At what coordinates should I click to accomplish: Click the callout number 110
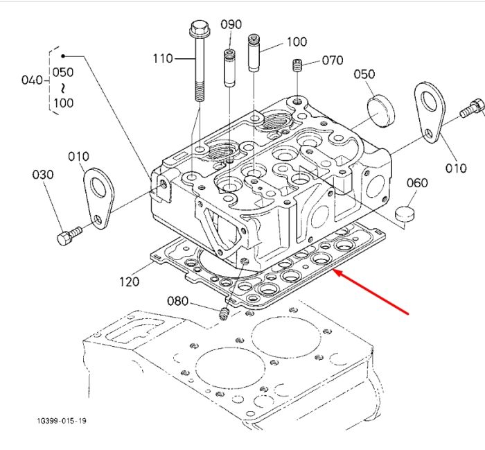pyautogui.click(x=163, y=58)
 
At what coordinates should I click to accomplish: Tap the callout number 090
pyautogui.click(x=231, y=24)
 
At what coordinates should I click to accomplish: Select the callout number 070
pyautogui.click(x=333, y=60)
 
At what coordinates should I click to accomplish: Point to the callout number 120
pyautogui.click(x=130, y=282)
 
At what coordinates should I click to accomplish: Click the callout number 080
pyautogui.click(x=177, y=301)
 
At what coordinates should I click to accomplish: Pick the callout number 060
pyautogui.click(x=417, y=183)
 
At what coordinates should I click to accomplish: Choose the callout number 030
pyautogui.click(x=43, y=175)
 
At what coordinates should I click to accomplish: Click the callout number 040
pyautogui.click(x=32, y=80)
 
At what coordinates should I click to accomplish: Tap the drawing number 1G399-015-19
pyautogui.click(x=62, y=421)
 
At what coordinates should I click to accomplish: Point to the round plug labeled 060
pyautogui.click(x=405, y=214)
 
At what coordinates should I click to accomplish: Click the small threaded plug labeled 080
pyautogui.click(x=224, y=314)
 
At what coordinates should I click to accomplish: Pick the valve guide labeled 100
pyautogui.click(x=254, y=53)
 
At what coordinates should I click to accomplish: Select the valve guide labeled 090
pyautogui.click(x=229, y=68)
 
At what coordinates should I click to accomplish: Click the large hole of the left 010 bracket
pyautogui.click(x=98, y=187)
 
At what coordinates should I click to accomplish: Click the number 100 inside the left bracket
pyautogui.click(x=64, y=103)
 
